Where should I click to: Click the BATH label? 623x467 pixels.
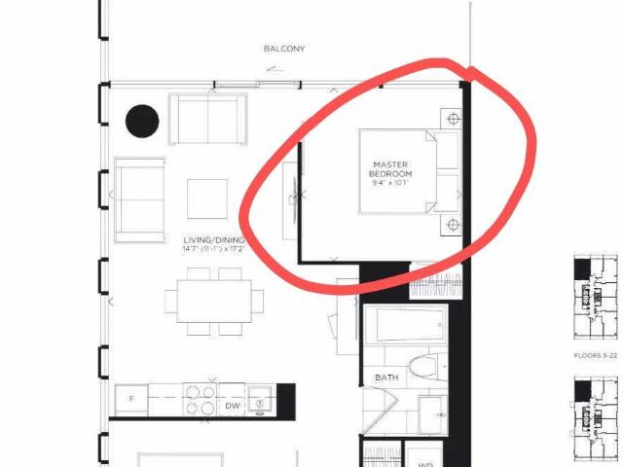(386, 377)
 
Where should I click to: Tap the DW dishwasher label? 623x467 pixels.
(231, 405)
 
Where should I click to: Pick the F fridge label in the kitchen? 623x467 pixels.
(130, 399)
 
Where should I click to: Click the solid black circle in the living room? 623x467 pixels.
(142, 121)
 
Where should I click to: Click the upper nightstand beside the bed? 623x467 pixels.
(452, 119)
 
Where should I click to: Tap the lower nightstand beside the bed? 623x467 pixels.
(452, 226)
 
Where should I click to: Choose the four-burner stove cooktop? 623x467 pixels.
(200, 400)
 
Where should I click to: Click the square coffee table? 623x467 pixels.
(206, 198)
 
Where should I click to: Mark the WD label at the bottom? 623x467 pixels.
(425, 464)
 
